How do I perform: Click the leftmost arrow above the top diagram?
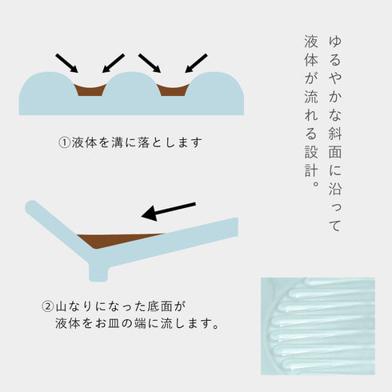point(66,63)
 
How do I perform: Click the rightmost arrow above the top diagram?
point(196,63)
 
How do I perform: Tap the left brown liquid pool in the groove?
point(90,90)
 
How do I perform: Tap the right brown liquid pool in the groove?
point(173,90)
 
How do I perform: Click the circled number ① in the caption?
point(64,142)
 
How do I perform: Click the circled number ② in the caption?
point(48,306)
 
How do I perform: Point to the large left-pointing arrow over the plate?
point(169,211)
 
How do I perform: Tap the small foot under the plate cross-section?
point(98,273)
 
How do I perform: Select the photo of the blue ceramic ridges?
point(318,326)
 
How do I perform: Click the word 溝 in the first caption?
point(118,142)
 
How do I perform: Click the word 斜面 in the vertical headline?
point(335,142)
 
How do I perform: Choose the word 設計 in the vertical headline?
point(311,161)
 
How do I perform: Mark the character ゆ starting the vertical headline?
point(335,41)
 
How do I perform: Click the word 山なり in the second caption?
point(74,306)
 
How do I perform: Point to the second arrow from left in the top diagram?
point(114,63)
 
